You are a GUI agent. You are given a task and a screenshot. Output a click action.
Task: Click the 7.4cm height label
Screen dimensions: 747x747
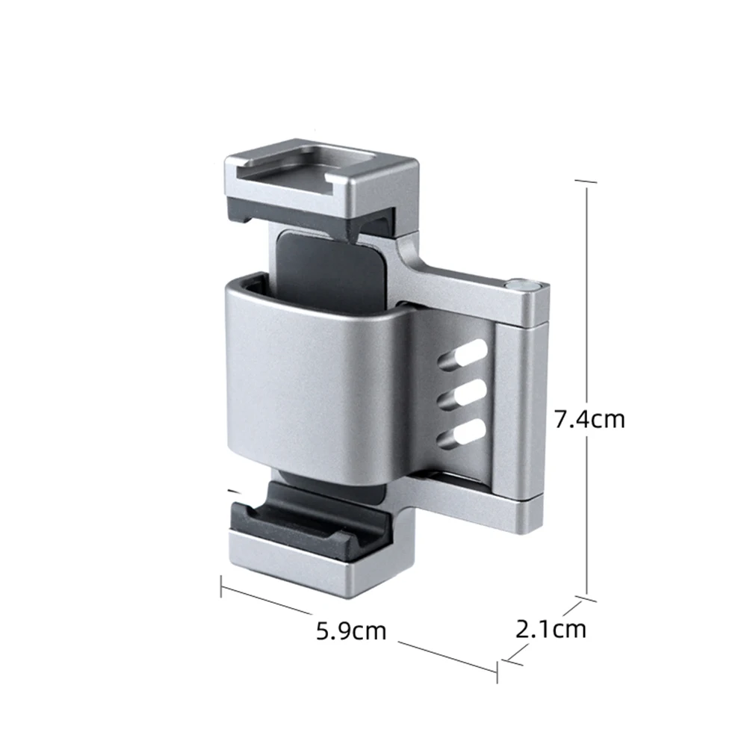(589, 418)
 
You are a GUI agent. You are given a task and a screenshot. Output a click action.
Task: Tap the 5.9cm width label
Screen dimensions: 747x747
(351, 631)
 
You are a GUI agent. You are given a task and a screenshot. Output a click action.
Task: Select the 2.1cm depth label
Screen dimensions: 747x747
(551, 629)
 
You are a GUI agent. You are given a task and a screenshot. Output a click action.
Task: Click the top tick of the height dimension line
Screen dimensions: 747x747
(586, 181)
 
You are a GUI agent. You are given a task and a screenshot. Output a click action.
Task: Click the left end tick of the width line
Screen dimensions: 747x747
(222, 587)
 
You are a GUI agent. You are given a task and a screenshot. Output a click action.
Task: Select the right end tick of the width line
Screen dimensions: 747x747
(497, 671)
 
